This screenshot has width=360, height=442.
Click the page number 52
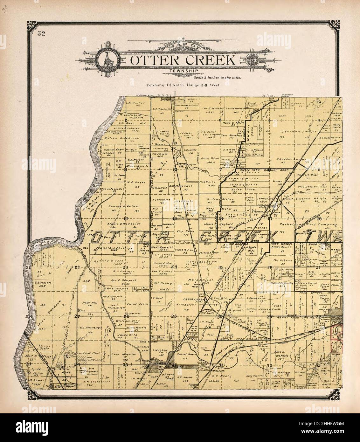tap(40, 34)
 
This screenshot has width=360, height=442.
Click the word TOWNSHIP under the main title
tap(184, 71)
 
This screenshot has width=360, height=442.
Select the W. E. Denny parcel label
tap(163, 283)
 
